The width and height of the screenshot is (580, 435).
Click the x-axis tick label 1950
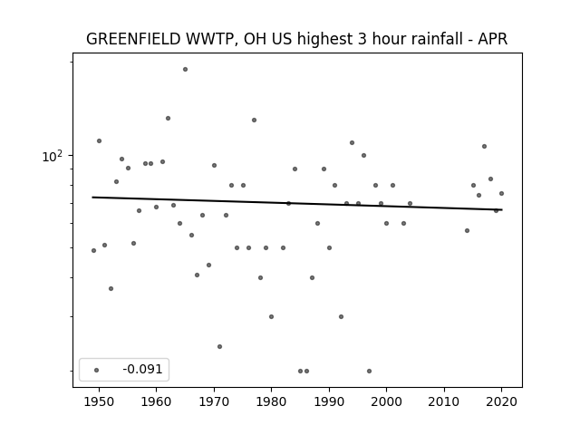(x=99, y=401)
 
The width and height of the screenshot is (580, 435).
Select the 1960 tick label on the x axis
(x=156, y=401)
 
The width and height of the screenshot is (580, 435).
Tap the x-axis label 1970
(x=214, y=401)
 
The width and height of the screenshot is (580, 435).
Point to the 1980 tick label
(x=271, y=401)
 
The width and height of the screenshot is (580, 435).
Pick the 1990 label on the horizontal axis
(x=329, y=401)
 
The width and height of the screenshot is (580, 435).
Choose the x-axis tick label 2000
(x=386, y=401)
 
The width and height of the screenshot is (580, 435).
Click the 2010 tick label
(x=444, y=401)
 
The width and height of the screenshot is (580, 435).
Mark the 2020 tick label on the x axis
(x=501, y=401)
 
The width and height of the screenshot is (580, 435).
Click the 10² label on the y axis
(x=53, y=156)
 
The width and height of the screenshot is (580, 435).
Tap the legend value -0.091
(x=142, y=369)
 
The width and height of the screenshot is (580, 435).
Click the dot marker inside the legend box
(x=97, y=370)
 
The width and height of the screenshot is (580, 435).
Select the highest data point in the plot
(x=185, y=70)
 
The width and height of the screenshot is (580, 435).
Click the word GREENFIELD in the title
(x=133, y=39)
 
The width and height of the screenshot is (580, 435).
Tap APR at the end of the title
(x=493, y=39)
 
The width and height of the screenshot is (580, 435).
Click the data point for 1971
(x=219, y=346)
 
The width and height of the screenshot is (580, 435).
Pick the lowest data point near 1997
(x=369, y=371)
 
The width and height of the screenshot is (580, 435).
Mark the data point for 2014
(x=468, y=231)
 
